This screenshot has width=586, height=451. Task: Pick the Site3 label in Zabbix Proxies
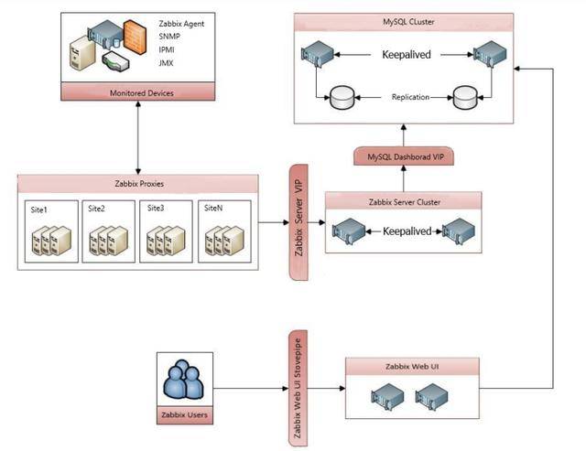point(157,209)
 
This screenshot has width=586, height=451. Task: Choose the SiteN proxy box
point(223,233)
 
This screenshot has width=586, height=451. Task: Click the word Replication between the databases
point(410,96)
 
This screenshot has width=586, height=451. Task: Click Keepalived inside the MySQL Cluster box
point(406,56)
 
